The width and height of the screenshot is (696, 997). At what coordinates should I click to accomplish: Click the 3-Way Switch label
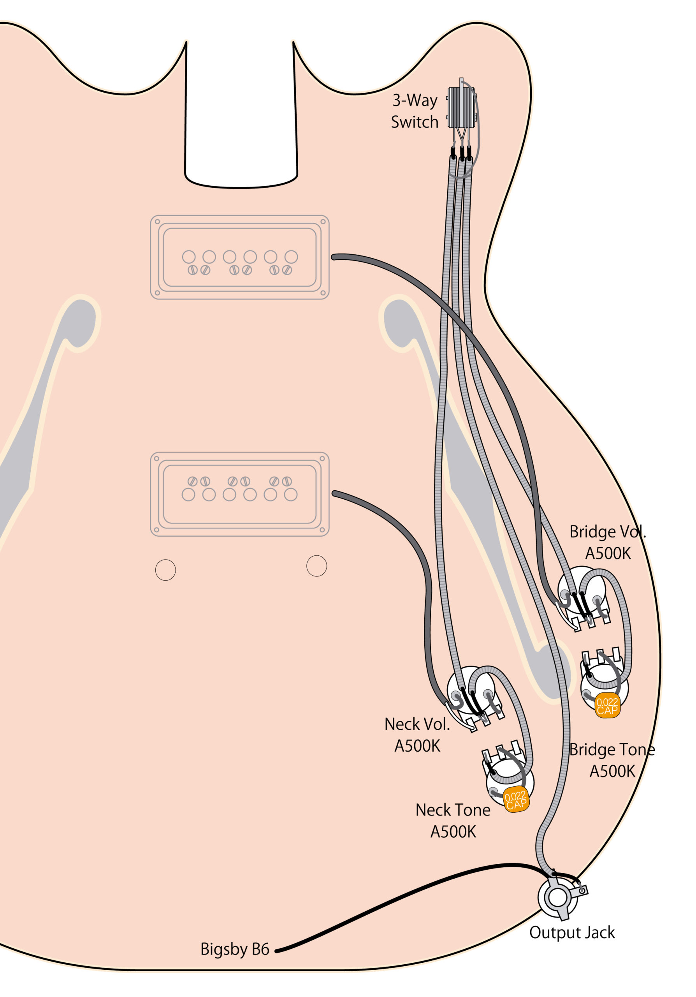pyautogui.click(x=415, y=111)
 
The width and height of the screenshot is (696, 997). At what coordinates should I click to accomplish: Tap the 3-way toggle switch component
pyautogui.click(x=462, y=107)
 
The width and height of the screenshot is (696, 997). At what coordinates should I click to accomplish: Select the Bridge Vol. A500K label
pyautogui.click(x=608, y=543)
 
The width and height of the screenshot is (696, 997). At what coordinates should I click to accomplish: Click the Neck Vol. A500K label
pyautogui.click(x=417, y=735)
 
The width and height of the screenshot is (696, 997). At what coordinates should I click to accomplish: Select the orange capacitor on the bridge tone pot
pyautogui.click(x=607, y=706)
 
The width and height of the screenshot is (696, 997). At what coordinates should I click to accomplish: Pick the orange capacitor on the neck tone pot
pyautogui.click(x=516, y=800)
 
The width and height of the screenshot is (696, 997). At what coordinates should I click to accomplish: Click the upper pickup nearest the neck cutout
pyautogui.click(x=239, y=257)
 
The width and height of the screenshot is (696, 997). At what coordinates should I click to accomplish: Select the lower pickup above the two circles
pyautogui.click(x=239, y=494)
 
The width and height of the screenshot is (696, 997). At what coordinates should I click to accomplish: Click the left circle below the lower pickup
pyautogui.click(x=165, y=570)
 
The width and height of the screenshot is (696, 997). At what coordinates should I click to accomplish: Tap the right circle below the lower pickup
pyautogui.click(x=316, y=566)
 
